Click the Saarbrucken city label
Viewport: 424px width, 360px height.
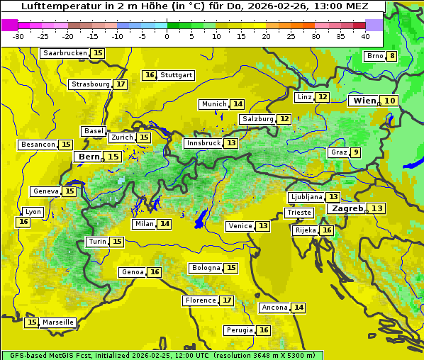pos(65,53)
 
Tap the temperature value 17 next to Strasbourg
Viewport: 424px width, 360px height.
pos(121,84)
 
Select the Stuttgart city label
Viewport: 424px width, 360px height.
pos(177,75)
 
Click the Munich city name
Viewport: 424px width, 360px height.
pos(214,104)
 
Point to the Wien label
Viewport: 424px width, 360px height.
pos(364,101)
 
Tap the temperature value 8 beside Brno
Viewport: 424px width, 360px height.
pos(392,57)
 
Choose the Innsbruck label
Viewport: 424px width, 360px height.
pos(203,143)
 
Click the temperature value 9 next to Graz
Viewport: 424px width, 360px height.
pos(356,152)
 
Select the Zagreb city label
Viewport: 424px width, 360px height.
pos(346,208)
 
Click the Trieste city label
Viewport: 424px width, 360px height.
pos(299,213)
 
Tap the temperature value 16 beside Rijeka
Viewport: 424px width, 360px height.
pos(326,230)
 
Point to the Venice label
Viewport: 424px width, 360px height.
pos(240,226)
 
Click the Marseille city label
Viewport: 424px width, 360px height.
pos(57,322)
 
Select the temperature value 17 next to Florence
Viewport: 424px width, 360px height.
pos(227,300)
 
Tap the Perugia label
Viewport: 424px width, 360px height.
pos(238,330)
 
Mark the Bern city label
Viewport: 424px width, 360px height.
pos(89,157)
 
